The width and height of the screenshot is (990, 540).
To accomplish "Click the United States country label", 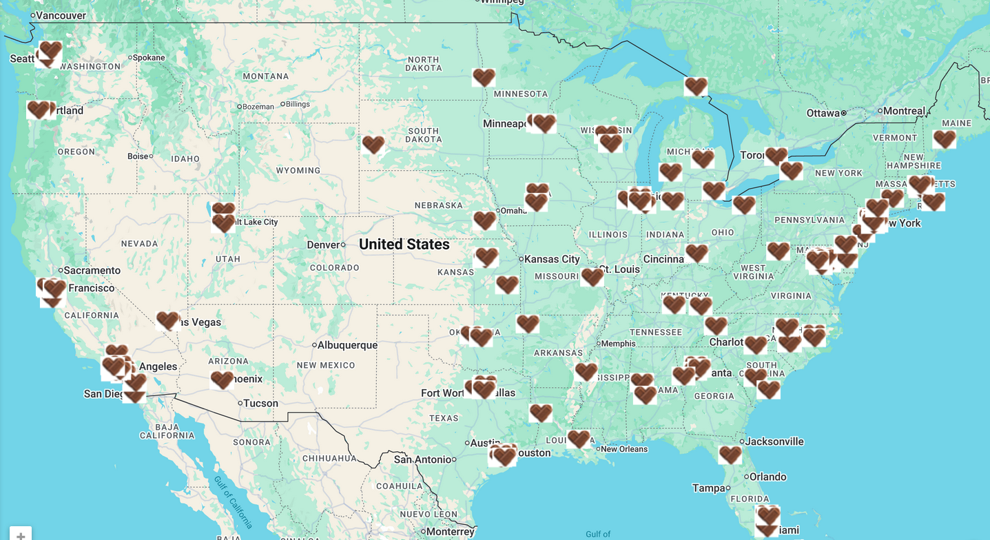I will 404,245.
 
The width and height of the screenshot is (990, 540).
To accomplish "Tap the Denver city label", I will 323,245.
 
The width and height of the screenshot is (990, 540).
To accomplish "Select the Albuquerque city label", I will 347,345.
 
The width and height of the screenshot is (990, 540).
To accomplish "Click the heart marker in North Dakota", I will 484,77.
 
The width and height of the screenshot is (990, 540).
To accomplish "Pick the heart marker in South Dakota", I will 373,145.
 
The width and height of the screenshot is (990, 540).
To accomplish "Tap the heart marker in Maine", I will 944,139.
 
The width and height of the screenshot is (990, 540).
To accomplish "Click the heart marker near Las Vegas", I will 167,320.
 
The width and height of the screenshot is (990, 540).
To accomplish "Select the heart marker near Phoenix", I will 222,380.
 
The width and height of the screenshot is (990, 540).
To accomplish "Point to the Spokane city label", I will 148,58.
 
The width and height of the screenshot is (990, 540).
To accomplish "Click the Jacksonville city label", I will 775,442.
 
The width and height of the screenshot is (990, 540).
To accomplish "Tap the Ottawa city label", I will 823,113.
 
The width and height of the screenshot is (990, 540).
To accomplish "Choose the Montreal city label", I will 904,111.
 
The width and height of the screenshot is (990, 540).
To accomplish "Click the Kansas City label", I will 552,259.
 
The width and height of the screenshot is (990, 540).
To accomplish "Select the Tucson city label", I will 260,404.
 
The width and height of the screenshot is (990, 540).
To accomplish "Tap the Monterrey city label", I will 450,532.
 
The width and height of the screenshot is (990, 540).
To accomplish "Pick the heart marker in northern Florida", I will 730,455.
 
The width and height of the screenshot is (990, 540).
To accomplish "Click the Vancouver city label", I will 61,15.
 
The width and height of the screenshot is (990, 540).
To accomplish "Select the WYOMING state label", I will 298,170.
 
